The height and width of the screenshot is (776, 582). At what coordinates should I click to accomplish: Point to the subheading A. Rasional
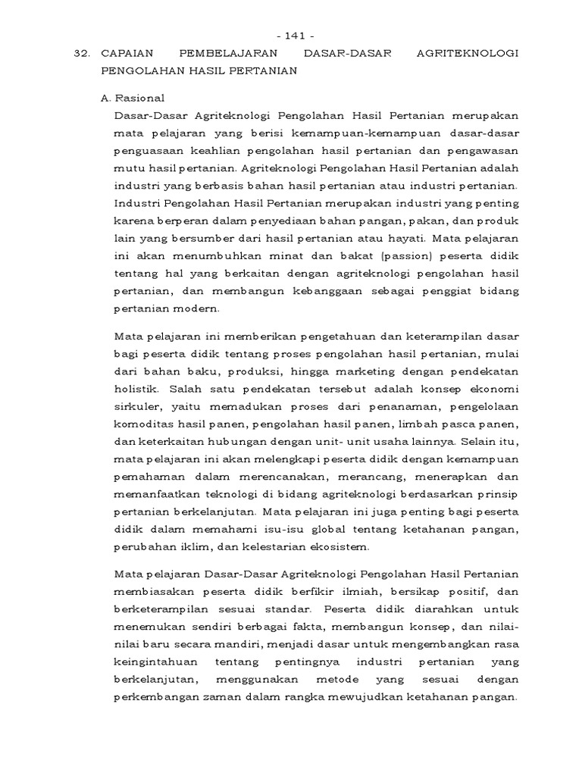[133, 99]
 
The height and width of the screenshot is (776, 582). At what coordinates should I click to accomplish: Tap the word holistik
[136, 389]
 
